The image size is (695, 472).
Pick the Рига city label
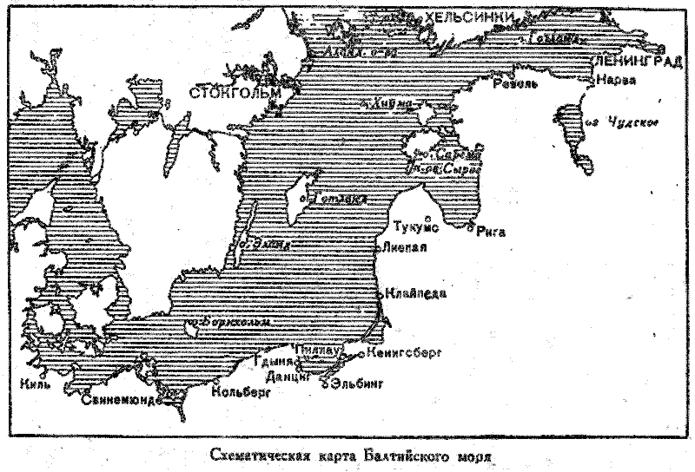[x=491, y=232]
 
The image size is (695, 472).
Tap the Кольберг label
[x=241, y=391]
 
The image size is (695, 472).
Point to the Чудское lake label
[x=631, y=121]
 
